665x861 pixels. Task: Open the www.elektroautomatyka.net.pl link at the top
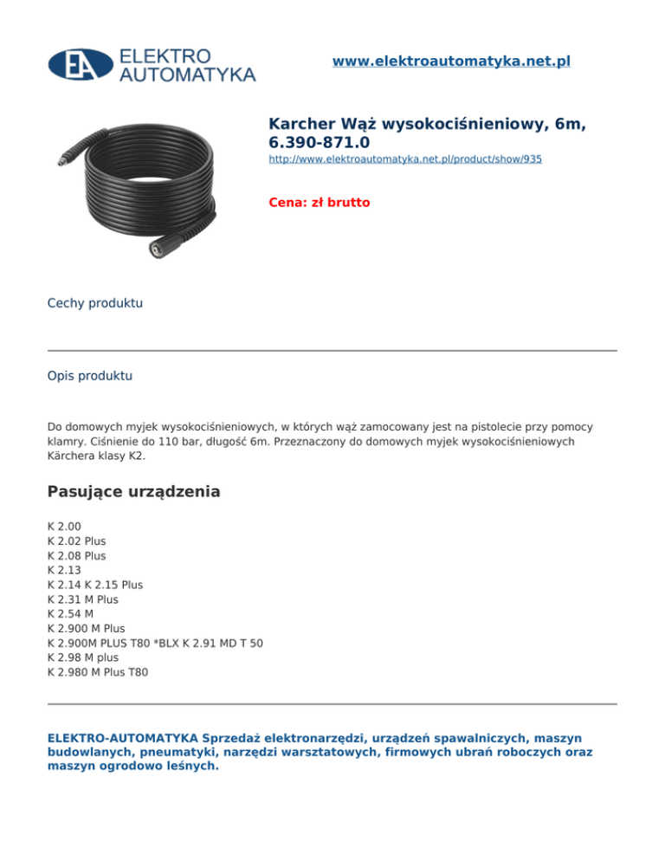[451, 61]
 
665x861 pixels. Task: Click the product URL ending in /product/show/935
[405, 160]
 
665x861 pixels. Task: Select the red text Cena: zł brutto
[320, 203]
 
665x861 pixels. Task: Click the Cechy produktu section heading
[95, 303]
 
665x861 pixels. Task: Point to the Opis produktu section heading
[90, 377]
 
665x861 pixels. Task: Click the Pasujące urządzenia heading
[133, 492]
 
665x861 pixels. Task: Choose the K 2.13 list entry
[66, 570]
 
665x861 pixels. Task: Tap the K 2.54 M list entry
[71, 613]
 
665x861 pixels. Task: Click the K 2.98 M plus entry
[83, 657]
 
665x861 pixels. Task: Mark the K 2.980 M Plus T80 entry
[98, 672]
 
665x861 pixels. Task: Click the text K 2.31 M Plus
[82, 599]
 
